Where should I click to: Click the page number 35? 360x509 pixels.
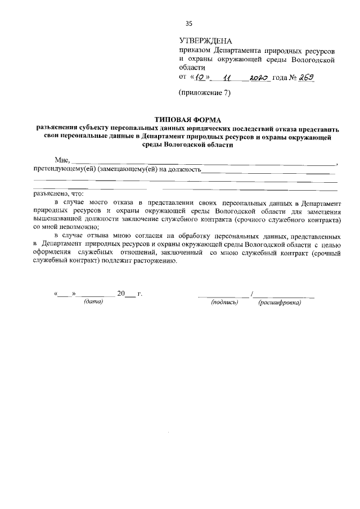[x=189, y=23]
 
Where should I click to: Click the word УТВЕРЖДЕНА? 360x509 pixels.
[x=205, y=40]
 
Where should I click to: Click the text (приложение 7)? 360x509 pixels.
[x=205, y=93]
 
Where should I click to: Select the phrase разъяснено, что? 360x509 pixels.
[x=57, y=193]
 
